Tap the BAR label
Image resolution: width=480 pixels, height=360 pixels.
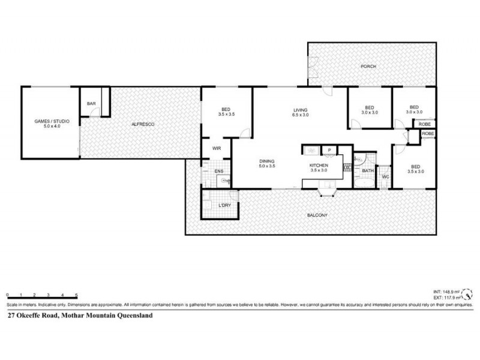pyautogui.click(x=91, y=104)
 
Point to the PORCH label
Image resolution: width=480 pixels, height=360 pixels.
pyautogui.click(x=368, y=66)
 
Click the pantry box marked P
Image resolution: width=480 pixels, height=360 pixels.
pyautogui.click(x=329, y=151)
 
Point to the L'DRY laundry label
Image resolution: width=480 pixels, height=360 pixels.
pyautogui.click(x=224, y=206)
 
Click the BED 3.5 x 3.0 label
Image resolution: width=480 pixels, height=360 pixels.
pyautogui.click(x=416, y=169)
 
